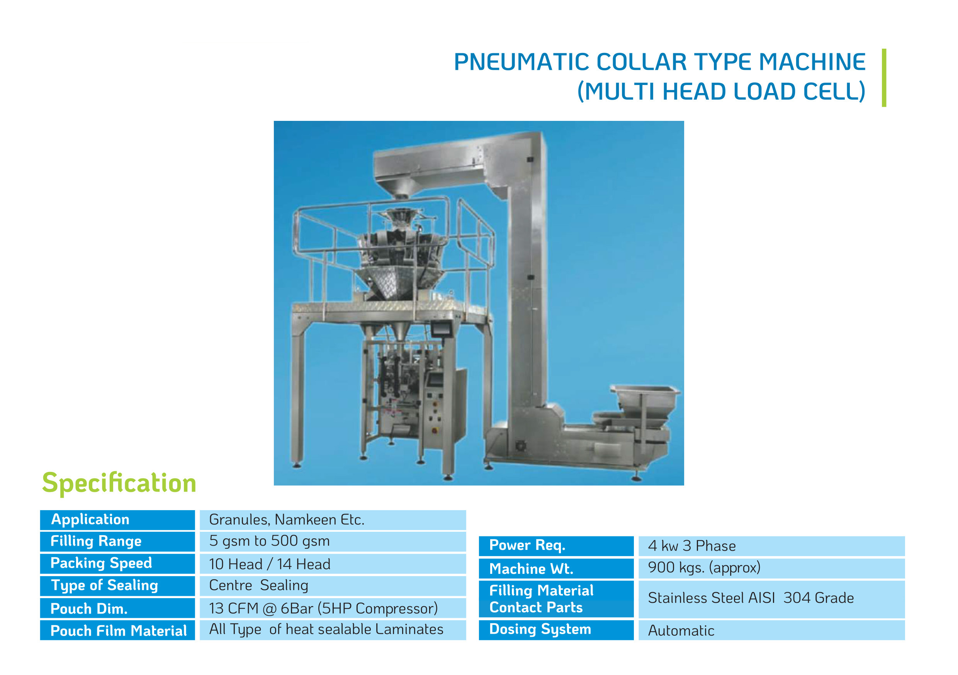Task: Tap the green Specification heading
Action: coord(119,483)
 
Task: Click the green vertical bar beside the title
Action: coord(884,78)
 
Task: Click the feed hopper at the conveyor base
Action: coord(645,401)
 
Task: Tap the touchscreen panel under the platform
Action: coord(442,329)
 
